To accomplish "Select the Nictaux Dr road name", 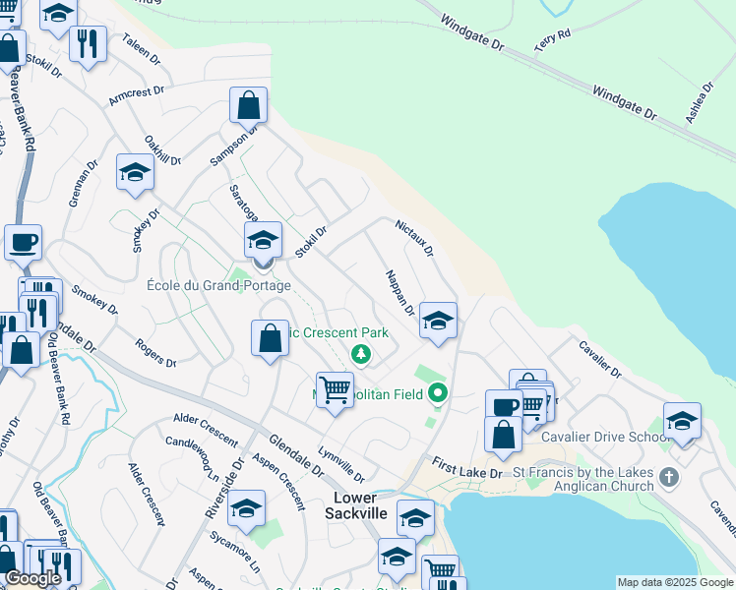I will [414, 237].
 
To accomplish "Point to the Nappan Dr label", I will [399, 294].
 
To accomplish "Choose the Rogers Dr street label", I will [155, 354].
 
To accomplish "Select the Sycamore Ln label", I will [235, 552].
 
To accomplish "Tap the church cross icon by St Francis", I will [669, 478].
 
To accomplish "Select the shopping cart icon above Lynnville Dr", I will [335, 388].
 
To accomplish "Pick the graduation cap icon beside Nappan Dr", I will [438, 320].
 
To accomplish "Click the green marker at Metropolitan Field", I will [438, 394].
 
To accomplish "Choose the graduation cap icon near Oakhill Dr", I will [135, 172].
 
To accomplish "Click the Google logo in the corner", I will [32, 578].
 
